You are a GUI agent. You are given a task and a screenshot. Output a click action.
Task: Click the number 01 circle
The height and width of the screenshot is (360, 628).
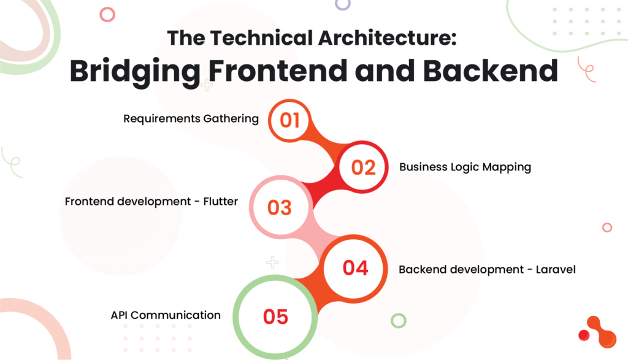tap(289, 120)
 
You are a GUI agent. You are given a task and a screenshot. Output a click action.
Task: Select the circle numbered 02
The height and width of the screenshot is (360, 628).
tap(363, 167)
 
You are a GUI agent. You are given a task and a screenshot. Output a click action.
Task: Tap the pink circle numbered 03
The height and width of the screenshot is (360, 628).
tap(280, 207)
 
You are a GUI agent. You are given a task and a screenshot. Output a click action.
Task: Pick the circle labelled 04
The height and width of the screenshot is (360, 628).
tap(354, 267)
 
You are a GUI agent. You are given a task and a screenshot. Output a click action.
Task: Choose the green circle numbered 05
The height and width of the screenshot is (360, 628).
tap(275, 316)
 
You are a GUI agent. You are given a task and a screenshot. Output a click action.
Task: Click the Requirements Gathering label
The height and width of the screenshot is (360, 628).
tap(191, 119)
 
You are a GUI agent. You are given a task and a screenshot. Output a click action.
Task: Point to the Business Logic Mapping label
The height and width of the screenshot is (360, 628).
tap(465, 167)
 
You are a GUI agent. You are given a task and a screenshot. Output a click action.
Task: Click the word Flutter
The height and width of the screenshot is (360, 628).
tap(220, 201)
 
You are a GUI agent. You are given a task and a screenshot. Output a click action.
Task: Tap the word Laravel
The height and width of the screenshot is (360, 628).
tap(556, 269)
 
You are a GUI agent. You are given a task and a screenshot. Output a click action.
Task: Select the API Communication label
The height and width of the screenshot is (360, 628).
tap(166, 315)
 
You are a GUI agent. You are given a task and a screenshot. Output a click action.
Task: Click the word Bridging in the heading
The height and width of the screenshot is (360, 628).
tap(135, 72)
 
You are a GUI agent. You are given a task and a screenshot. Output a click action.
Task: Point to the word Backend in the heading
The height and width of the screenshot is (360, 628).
tap(491, 71)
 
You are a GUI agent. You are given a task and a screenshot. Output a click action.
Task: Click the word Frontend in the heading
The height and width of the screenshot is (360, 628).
tap(278, 71)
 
